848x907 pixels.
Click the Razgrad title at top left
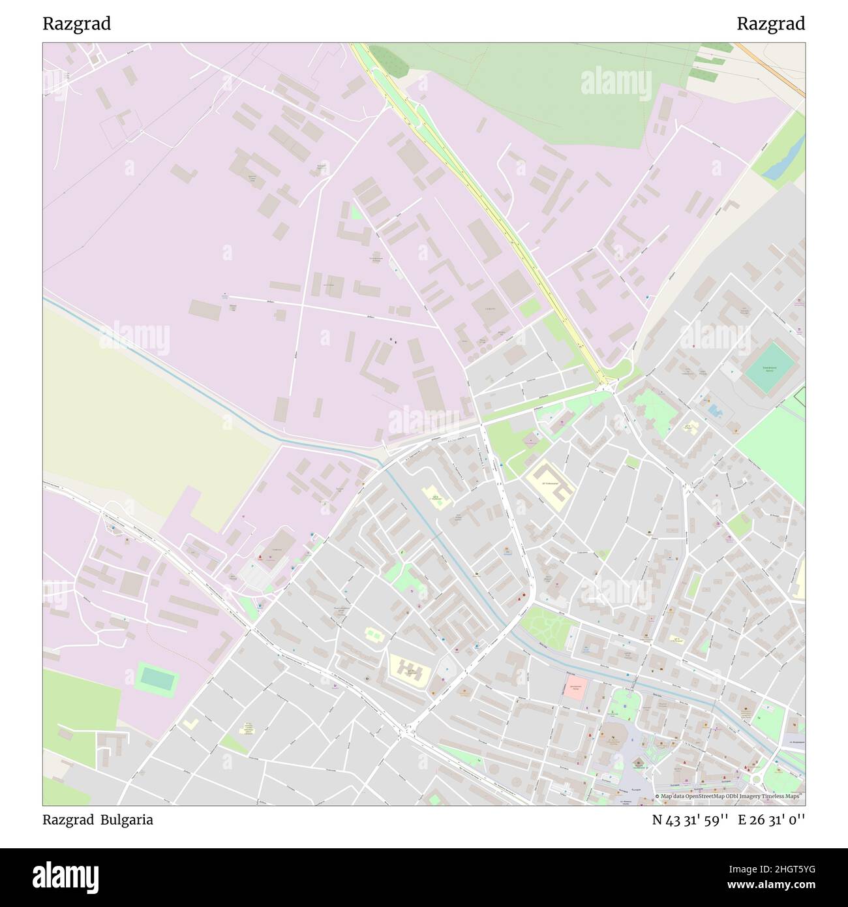point(77,24)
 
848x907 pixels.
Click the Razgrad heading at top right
point(770,24)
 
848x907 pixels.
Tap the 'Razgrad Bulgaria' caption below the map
point(98,820)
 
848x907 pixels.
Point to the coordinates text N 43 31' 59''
point(691,820)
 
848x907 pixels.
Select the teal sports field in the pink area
point(157,679)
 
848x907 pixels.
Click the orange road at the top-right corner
point(770,69)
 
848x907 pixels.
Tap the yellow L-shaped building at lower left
point(190,724)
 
